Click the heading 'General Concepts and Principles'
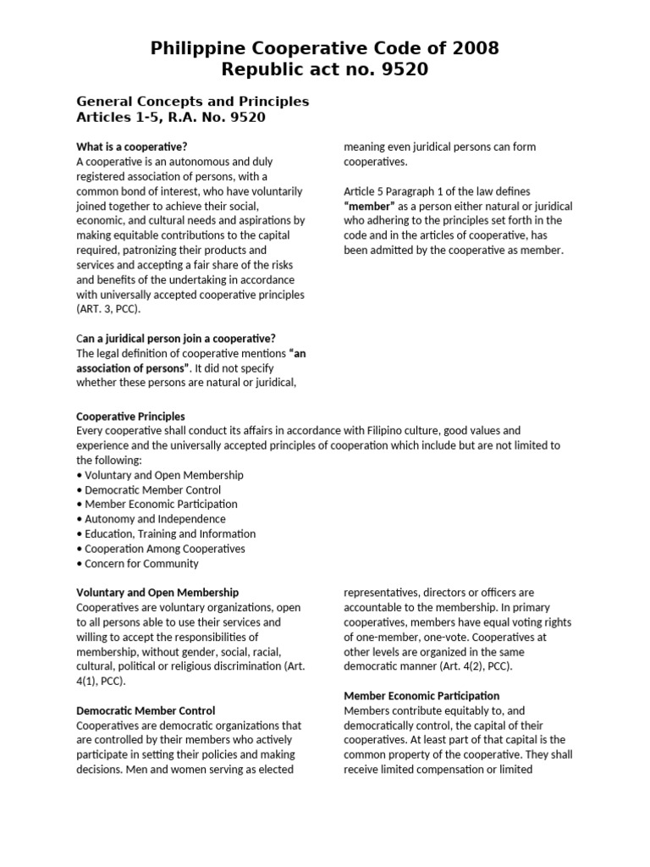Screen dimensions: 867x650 coord(193,102)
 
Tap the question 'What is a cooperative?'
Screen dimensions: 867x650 coord(131,146)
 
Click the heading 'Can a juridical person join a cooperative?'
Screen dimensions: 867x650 coord(176,339)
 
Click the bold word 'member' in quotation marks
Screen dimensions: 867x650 coord(369,206)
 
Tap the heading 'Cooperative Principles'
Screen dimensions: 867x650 coord(130,417)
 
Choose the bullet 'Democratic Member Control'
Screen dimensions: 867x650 coord(152,489)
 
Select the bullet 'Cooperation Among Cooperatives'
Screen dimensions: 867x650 coord(165,549)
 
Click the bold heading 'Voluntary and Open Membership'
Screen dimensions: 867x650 coord(157,593)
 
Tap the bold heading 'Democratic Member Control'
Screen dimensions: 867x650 coord(146,710)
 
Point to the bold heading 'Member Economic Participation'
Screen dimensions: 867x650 coord(421,696)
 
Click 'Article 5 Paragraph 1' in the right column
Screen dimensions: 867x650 coord(396,191)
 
